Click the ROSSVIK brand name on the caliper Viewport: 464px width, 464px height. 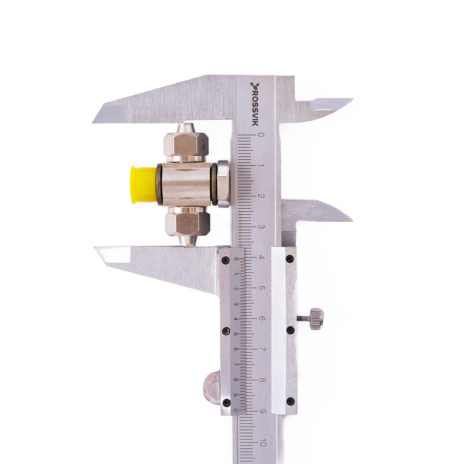pos(255,104)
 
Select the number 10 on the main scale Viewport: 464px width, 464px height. pos(262,443)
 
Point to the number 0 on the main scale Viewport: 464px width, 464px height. pos(261,135)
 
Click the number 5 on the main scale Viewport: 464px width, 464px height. pos(262,288)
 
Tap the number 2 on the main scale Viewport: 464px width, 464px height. pos(261,196)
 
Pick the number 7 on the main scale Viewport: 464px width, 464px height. pos(262,349)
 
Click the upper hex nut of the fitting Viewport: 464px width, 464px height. pos(186,144)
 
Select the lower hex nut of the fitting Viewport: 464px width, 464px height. pos(187,224)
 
